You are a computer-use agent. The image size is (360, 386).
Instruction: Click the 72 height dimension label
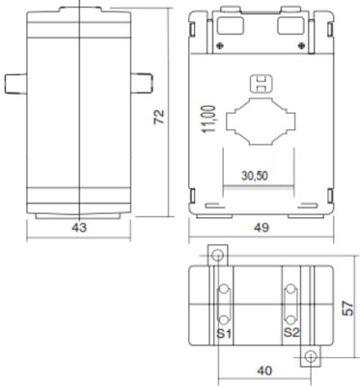[158, 117]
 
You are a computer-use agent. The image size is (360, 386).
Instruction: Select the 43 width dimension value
[79, 228]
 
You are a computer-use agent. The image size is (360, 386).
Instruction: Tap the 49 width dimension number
[261, 228]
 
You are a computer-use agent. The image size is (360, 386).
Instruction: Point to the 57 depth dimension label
[347, 309]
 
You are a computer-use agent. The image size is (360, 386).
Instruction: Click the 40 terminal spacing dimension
[264, 371]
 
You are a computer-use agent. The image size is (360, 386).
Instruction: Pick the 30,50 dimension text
[255, 176]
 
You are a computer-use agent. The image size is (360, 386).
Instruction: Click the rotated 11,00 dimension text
[208, 119]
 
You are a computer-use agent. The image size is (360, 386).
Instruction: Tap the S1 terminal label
[224, 333]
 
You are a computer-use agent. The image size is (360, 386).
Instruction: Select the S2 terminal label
[291, 332]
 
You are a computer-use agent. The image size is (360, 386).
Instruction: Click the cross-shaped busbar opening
[261, 122]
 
